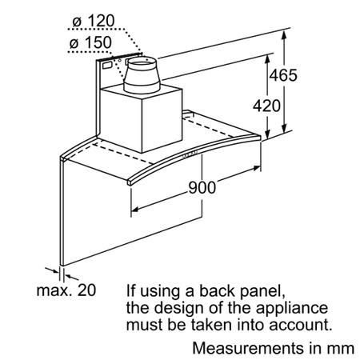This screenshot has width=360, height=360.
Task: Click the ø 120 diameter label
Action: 94,21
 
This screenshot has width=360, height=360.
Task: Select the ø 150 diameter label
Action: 90,42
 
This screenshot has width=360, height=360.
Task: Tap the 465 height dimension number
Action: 283,75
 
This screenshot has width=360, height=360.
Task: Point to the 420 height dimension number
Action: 266,106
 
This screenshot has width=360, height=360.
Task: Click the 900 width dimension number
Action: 202,187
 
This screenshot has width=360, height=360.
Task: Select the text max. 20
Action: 66,290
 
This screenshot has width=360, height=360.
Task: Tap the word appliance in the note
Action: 292,309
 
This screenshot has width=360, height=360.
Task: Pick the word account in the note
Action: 300,326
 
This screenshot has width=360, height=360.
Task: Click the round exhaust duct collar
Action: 142,75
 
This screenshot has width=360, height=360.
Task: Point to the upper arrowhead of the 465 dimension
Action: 284,35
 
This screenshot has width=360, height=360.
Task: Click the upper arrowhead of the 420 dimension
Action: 267,60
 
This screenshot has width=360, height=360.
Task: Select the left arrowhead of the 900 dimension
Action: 135,209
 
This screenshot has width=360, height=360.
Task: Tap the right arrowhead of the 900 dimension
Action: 256,168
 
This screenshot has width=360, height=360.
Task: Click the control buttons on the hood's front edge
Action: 190,154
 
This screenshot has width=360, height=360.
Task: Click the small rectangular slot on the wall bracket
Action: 107,65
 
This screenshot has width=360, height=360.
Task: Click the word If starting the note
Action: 131,290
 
